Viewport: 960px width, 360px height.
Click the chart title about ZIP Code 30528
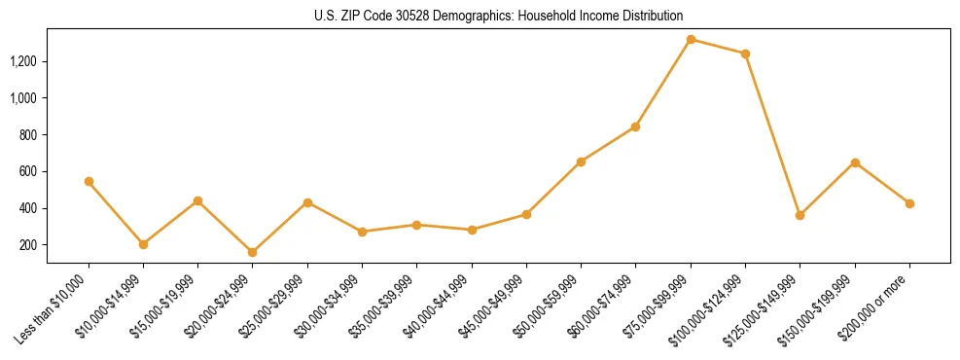[x=499, y=16]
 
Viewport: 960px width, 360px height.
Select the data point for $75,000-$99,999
[x=691, y=40]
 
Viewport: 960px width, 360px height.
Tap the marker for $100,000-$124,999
[x=745, y=54]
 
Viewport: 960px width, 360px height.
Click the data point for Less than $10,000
[x=89, y=182]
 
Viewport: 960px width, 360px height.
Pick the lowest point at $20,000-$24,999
[x=253, y=252]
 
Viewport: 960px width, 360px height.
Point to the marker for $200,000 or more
[x=909, y=203]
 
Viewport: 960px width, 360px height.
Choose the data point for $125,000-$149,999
[x=800, y=215]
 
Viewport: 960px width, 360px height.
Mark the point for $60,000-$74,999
[x=635, y=126]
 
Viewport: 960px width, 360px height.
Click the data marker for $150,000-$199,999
[x=855, y=162]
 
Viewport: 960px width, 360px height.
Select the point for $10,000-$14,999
[x=143, y=244]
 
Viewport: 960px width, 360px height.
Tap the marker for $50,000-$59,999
[x=581, y=162]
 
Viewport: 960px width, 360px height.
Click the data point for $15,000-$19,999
[x=197, y=200]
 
